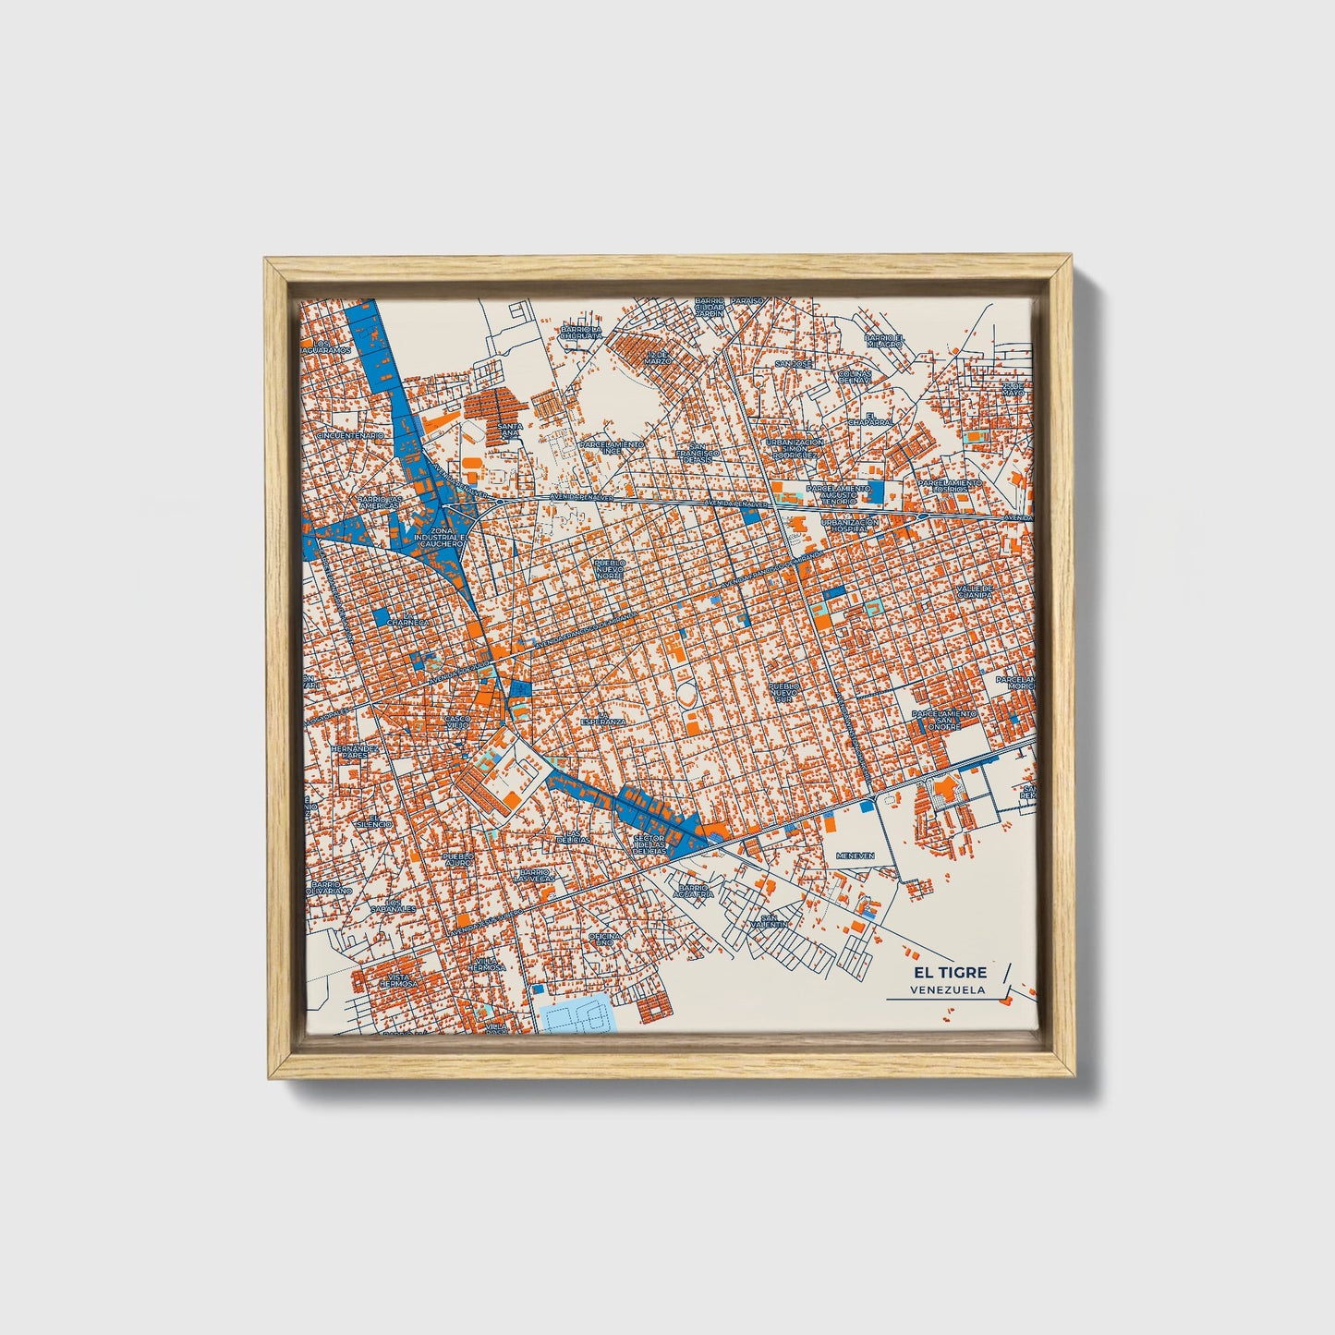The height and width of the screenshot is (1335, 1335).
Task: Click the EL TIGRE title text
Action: point(951,972)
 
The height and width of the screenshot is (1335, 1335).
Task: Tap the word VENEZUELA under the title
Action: point(947,989)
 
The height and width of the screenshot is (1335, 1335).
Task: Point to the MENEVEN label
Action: point(855,856)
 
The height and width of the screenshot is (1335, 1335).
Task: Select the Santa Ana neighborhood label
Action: point(510,431)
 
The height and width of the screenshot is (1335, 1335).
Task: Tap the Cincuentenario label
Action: point(350,434)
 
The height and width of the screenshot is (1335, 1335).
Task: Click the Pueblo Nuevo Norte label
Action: point(609,568)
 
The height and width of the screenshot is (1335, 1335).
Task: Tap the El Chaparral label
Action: point(879,419)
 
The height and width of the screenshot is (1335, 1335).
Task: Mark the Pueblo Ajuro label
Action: point(458,859)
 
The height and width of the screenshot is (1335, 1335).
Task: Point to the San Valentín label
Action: point(769,920)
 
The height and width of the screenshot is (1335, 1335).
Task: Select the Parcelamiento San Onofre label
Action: point(943,720)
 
